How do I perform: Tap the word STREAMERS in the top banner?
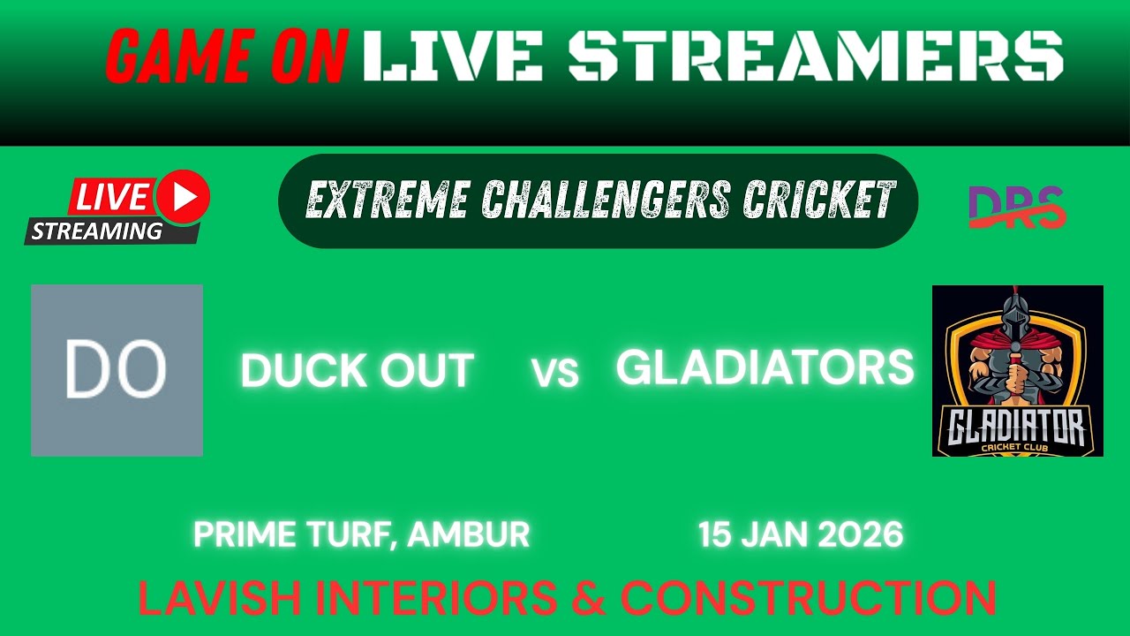pyautogui.click(x=816, y=57)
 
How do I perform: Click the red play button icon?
pyautogui.click(x=185, y=197)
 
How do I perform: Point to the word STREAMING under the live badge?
pyautogui.click(x=97, y=232)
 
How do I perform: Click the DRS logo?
pyautogui.click(x=1016, y=208)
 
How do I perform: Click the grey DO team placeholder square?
pyautogui.click(x=117, y=370)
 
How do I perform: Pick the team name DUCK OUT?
pyautogui.click(x=357, y=370)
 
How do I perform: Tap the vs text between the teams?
pyautogui.click(x=555, y=374)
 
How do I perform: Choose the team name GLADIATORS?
pyautogui.click(x=765, y=367)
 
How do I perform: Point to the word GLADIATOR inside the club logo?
pyautogui.click(x=1018, y=430)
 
